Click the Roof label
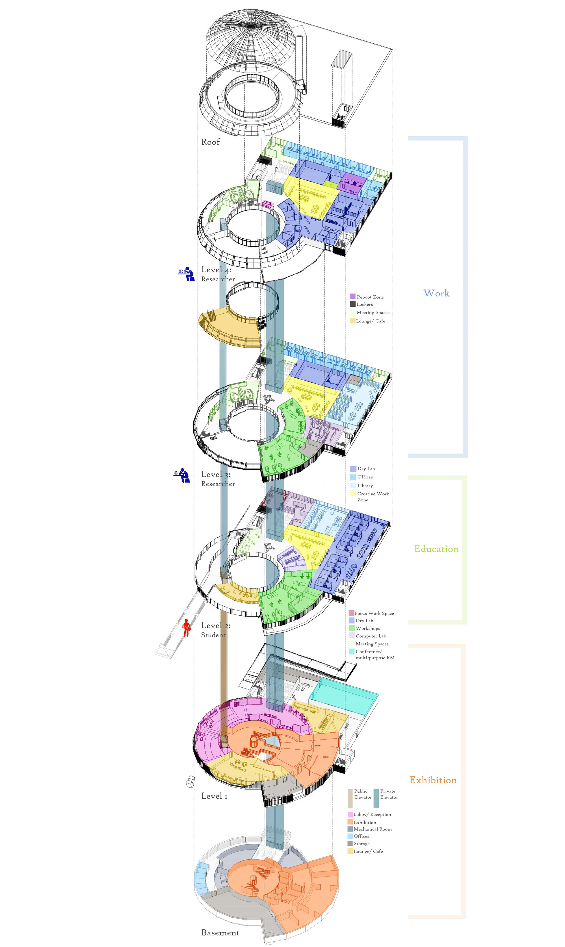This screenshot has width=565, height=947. click(211, 142)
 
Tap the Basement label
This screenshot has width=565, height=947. click(220, 933)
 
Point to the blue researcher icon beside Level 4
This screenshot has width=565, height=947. click(187, 274)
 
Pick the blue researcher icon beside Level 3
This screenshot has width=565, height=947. click(182, 476)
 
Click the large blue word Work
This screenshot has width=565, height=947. click(436, 293)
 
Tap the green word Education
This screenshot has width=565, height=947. click(436, 549)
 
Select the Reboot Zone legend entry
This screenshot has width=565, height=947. click(367, 297)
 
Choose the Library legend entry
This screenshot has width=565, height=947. click(362, 486)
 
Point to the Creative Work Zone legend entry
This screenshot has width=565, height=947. click(370, 497)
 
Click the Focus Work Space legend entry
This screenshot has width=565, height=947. click(371, 613)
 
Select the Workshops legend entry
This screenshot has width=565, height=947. click(364, 628)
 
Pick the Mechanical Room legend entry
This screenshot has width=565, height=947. click(369, 829)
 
